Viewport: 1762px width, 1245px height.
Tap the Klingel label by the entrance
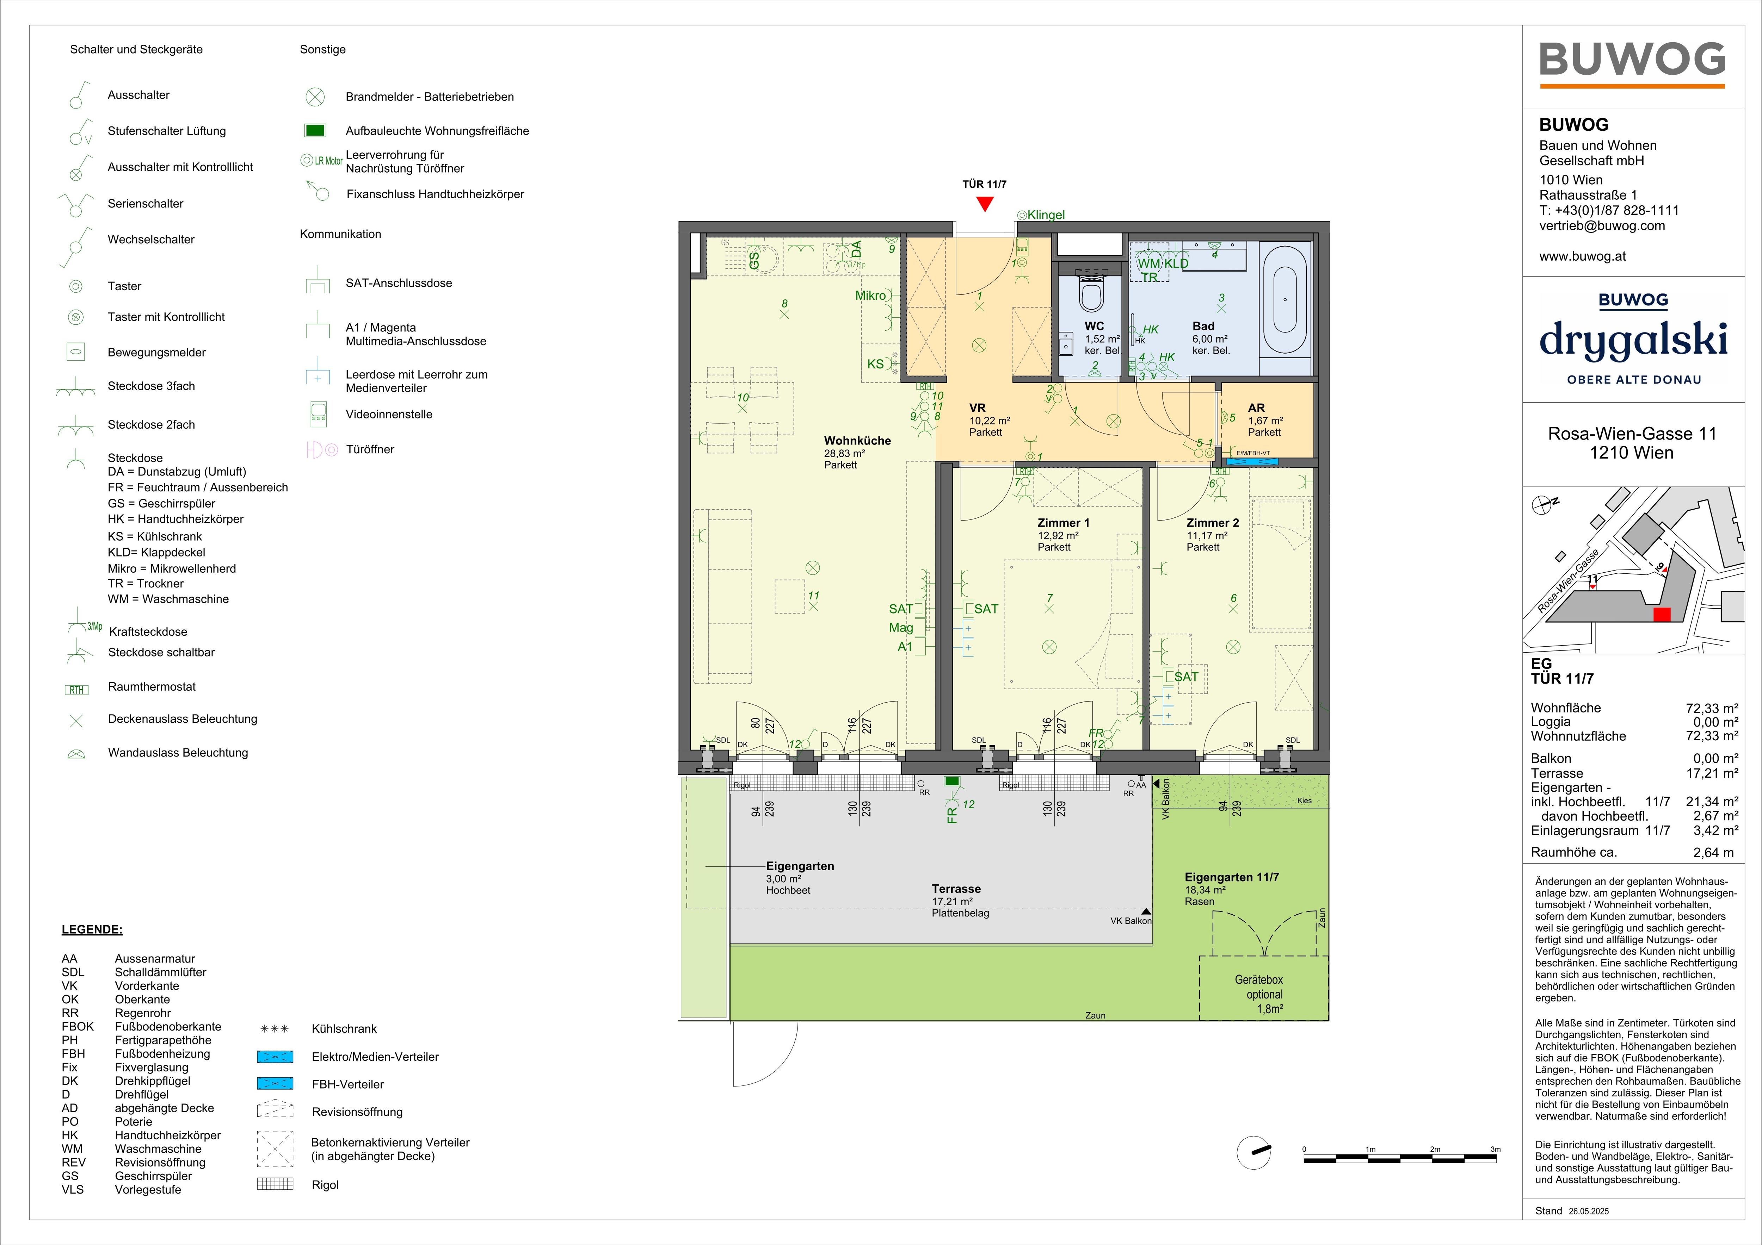1046,215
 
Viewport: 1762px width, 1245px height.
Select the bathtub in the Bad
1284,299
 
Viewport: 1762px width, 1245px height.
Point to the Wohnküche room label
857,440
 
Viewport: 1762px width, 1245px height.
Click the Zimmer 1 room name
1063,522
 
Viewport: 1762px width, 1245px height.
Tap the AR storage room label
1256,408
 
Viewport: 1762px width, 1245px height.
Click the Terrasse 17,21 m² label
956,895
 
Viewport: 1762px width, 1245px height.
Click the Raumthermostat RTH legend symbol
77,690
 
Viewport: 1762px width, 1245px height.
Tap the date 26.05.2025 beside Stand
1589,1211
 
